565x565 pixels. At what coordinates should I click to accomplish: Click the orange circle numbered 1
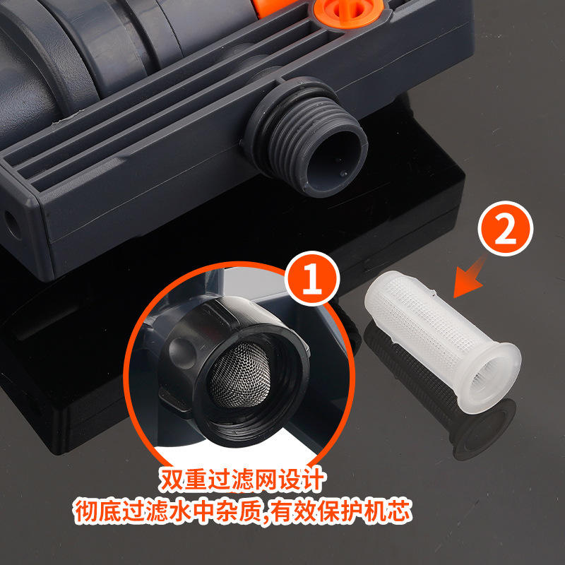[312, 278]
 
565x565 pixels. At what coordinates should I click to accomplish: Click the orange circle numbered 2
[505, 228]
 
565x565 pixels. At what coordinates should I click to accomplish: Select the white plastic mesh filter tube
[443, 341]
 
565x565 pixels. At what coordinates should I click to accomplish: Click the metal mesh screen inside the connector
[240, 375]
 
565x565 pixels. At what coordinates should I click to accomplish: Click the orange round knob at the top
[347, 11]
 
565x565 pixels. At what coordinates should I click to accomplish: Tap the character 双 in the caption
[172, 480]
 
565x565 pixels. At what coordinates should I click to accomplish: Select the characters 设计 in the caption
[302, 480]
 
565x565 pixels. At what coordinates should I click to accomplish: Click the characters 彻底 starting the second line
[98, 511]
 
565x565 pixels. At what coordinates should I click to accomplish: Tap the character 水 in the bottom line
[179, 511]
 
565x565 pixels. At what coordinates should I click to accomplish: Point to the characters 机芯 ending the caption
[388, 511]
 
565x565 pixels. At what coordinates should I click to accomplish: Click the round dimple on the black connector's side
[182, 353]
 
